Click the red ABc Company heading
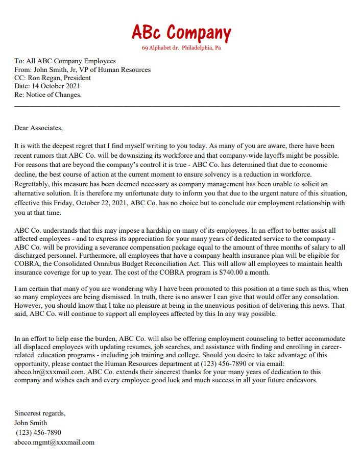tap(181, 33)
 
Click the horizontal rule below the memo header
tap(177, 106)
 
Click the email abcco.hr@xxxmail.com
tap(50, 372)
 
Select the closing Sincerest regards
tap(39, 413)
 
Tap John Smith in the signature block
tap(31, 423)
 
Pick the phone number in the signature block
tap(38, 432)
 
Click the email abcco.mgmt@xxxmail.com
tap(54, 442)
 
